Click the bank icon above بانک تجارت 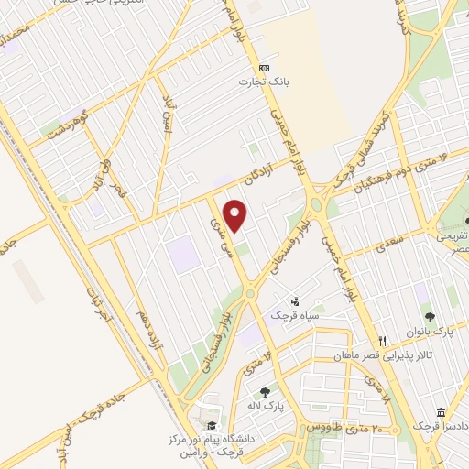[x=264, y=67]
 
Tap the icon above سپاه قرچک [x=294, y=300]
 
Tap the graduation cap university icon [x=213, y=425]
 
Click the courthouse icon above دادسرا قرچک [x=441, y=412]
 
